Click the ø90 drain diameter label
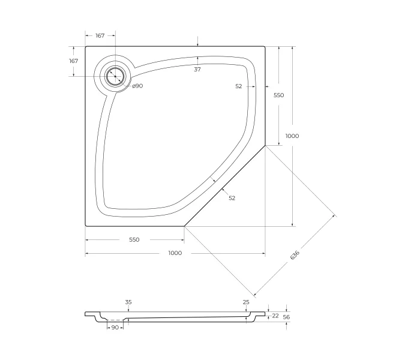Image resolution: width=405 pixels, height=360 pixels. (137, 86)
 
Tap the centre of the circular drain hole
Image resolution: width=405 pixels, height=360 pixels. (115, 76)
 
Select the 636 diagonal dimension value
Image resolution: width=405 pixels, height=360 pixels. (295, 255)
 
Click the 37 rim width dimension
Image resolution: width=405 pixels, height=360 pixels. (197, 70)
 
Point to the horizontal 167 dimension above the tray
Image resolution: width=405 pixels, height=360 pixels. (100, 35)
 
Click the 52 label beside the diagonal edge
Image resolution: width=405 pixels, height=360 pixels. (232, 198)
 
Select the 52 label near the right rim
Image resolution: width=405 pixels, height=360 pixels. (239, 86)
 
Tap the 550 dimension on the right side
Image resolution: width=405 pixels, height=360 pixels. (279, 95)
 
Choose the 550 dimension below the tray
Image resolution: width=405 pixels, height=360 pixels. (134, 240)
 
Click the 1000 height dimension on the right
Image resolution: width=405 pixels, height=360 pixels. (292, 136)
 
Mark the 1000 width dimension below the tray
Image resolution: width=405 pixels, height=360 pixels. (175, 253)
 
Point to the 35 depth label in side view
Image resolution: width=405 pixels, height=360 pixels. (128, 302)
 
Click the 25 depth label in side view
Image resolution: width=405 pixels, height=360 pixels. (246, 302)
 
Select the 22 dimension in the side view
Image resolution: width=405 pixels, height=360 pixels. (275, 316)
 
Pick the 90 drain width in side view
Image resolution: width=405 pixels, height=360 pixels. (115, 328)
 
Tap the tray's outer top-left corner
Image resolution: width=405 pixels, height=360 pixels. (86, 47)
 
